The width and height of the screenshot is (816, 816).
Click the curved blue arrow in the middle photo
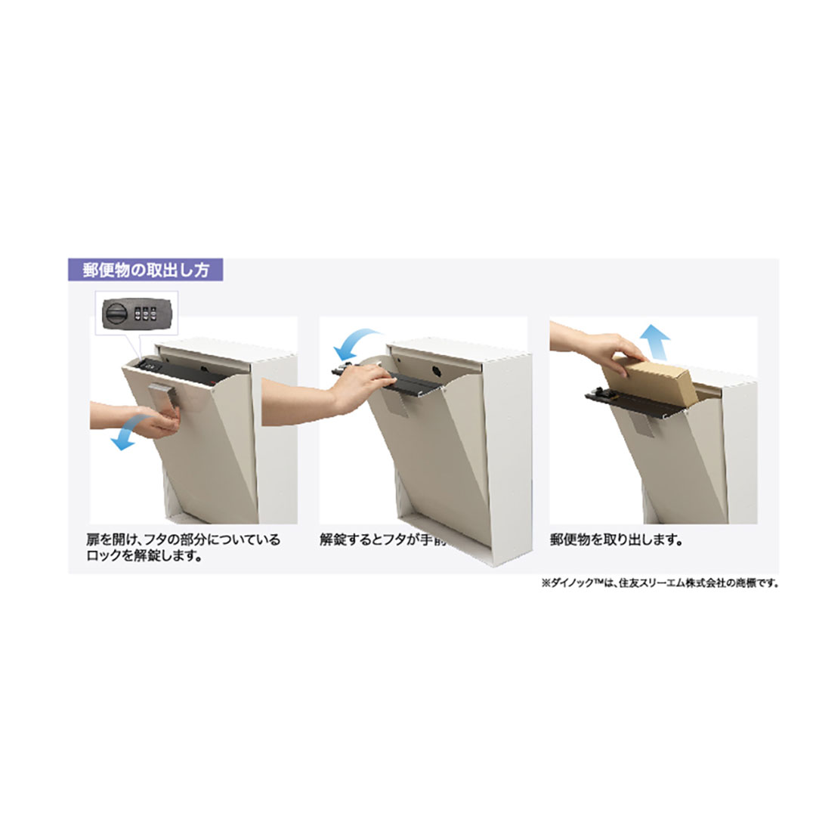(x=359, y=342)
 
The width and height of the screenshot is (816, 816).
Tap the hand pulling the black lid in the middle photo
(x=355, y=385)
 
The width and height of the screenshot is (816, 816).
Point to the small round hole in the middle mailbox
(x=437, y=370)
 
